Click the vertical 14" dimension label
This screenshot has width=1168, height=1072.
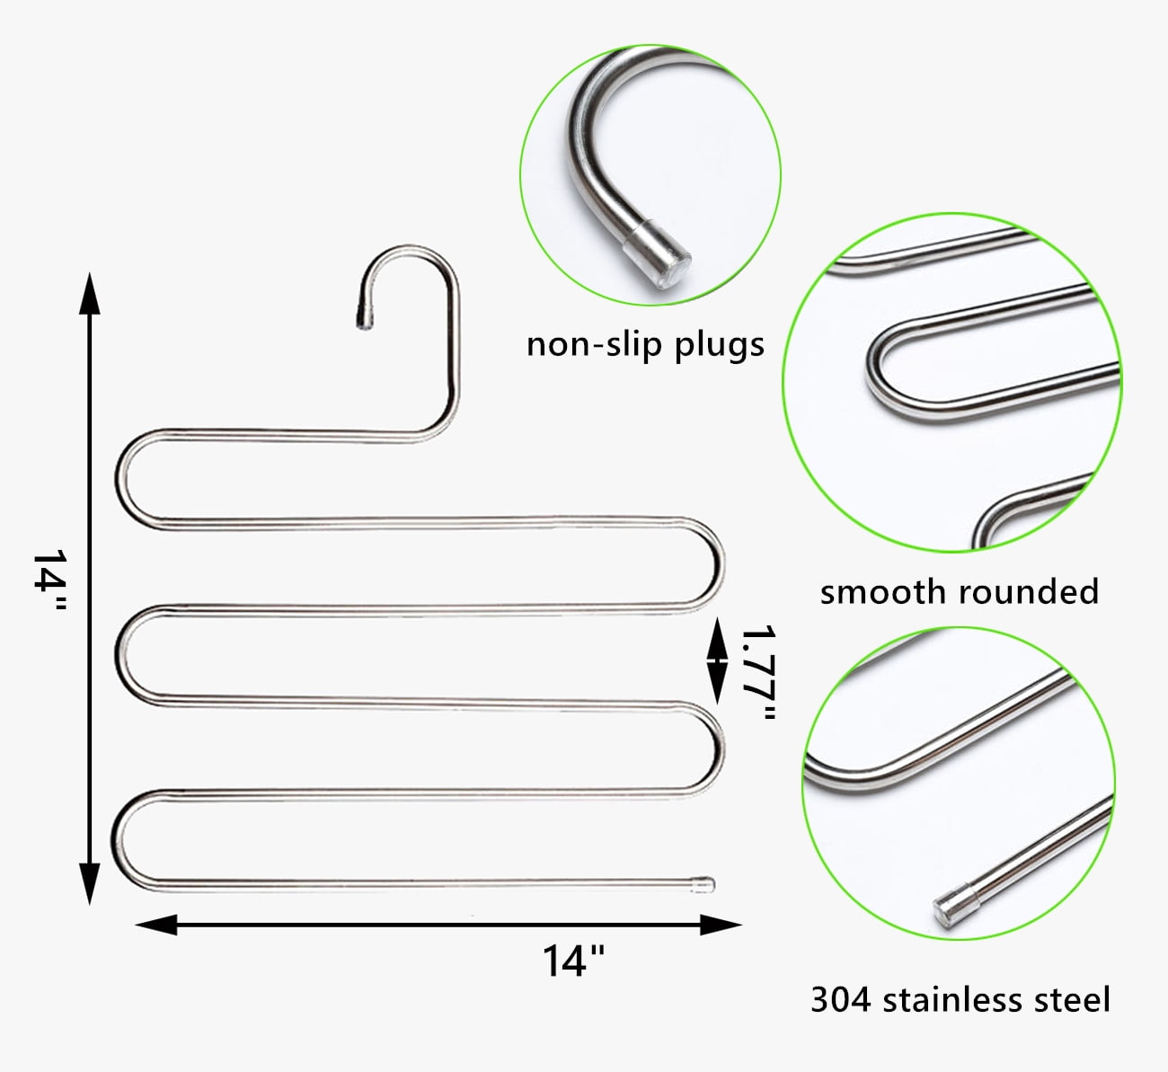(50, 580)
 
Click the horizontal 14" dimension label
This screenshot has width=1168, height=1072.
(573, 961)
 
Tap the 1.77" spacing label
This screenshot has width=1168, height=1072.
(758, 672)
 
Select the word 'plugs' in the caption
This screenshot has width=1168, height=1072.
(719, 346)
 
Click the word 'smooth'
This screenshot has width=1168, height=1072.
(884, 592)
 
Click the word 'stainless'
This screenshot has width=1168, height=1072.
(952, 1000)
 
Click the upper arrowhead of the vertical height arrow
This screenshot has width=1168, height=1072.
(90, 293)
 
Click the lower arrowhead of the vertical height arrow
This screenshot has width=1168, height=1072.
(90, 884)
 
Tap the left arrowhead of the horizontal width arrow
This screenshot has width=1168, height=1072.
(156, 925)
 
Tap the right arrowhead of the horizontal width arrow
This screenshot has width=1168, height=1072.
(721, 925)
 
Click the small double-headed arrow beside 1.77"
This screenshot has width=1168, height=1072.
(717, 660)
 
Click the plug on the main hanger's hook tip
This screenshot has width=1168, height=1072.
(365, 319)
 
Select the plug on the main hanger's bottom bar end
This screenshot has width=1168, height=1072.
(703, 885)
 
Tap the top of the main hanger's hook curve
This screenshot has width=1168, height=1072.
(409, 250)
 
